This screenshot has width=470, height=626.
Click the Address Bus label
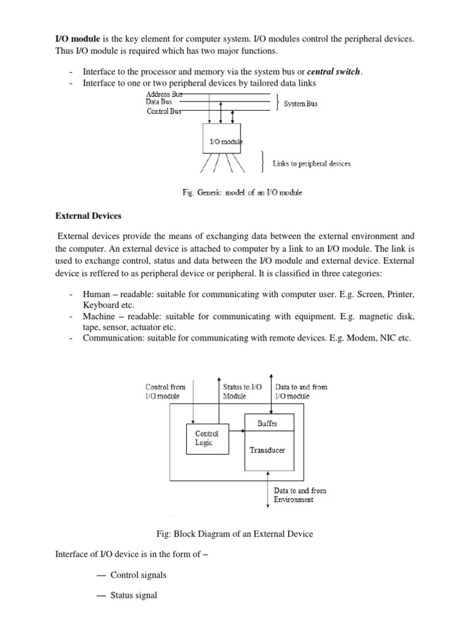pos(163,94)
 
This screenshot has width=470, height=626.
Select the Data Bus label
pos(159,102)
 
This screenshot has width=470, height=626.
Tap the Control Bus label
pos(163,111)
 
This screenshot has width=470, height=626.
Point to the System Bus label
pos(300,104)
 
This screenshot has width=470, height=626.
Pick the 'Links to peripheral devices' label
pos(311,164)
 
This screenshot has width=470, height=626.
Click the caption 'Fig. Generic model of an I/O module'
pos(242,193)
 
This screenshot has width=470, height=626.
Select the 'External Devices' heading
pos(88,216)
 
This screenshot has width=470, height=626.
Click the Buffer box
pos(269,423)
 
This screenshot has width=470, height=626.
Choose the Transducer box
pos(267,451)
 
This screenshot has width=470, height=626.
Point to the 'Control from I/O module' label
pos(165,391)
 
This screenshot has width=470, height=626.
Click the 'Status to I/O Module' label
pos(242,391)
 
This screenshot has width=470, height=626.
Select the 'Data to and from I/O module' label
pos(301,391)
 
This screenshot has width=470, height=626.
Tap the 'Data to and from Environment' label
pos(300,495)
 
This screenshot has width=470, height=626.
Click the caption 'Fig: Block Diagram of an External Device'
pos(235,534)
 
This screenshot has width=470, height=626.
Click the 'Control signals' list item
pos(138,575)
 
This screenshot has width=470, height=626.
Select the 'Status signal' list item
pos(133,595)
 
